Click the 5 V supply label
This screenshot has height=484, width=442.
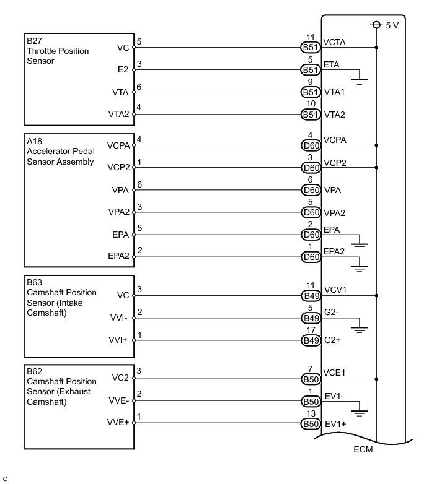pos(392,25)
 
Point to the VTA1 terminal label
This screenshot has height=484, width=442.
pos(335,92)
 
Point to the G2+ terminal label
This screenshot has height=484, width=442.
pos(334,340)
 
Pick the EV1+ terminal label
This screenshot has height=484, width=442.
pos(335,425)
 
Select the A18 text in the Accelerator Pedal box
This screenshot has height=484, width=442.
pos(33,142)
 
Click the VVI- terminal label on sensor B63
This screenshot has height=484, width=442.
pos(119,318)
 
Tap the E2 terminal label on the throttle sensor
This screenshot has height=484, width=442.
pos(122,70)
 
